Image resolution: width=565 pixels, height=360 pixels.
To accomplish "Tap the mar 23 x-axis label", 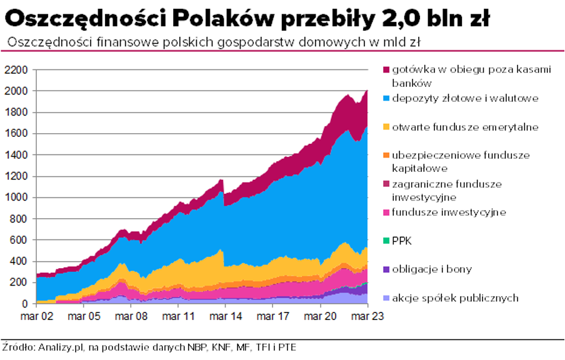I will point(366,316).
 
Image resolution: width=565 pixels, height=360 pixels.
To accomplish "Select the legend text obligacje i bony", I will point(432,269).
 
